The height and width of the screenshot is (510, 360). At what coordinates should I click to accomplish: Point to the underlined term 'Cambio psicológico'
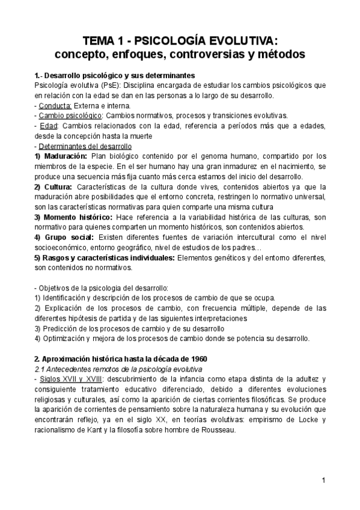point(68,115)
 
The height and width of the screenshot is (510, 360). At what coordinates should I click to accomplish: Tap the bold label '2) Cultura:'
point(54,186)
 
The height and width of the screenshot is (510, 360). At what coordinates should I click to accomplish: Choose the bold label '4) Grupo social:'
point(63,237)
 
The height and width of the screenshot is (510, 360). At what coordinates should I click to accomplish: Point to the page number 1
point(323,479)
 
